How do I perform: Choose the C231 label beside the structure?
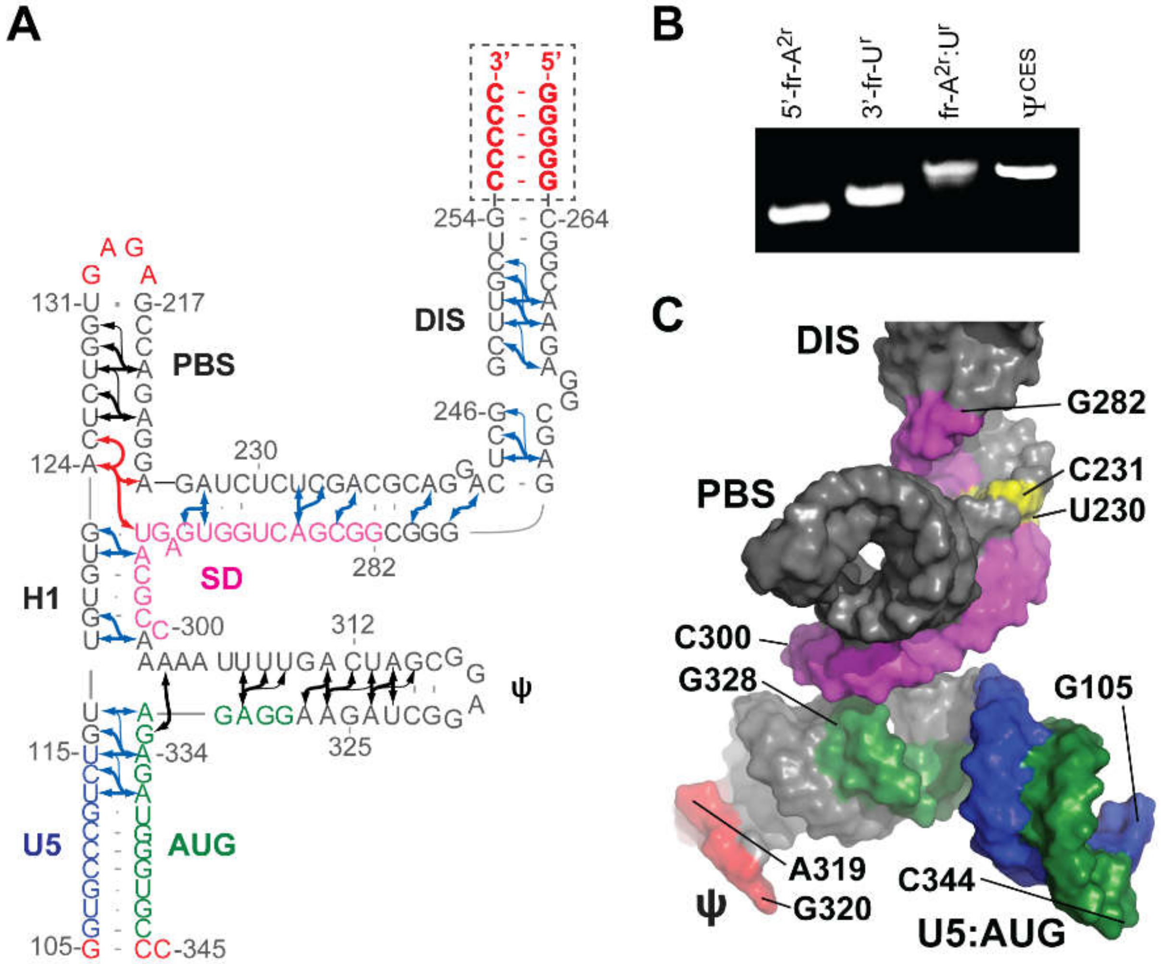click(x=1106, y=470)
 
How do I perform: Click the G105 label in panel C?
click(x=1093, y=688)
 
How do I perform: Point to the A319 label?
click(x=826, y=869)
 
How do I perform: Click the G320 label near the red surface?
click(x=833, y=908)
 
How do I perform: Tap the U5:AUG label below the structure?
click(x=991, y=933)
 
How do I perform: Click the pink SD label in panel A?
click(x=221, y=579)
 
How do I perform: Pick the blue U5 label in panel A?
click(x=42, y=847)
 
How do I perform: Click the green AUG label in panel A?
click(x=202, y=845)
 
